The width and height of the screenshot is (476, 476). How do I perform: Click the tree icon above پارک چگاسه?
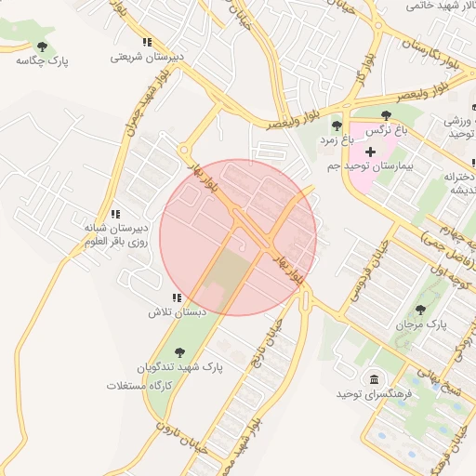[41, 45]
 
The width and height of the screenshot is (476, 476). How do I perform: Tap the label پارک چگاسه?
[42, 60]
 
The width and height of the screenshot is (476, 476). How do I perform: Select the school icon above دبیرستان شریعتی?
[147, 42]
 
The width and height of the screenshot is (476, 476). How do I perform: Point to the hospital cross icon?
[370, 151]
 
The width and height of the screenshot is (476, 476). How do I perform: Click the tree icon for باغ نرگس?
[388, 115]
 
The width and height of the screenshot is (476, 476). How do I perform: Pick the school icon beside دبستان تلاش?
[176, 297]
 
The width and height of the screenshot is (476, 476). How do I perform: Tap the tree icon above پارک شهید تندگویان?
[179, 351]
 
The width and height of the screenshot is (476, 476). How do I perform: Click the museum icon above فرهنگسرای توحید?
[374, 379]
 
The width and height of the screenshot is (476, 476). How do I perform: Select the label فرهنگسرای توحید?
[374, 394]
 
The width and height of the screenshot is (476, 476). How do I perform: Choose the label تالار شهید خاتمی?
[440, 6]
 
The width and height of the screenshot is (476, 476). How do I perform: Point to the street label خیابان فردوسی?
[354, 275]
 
